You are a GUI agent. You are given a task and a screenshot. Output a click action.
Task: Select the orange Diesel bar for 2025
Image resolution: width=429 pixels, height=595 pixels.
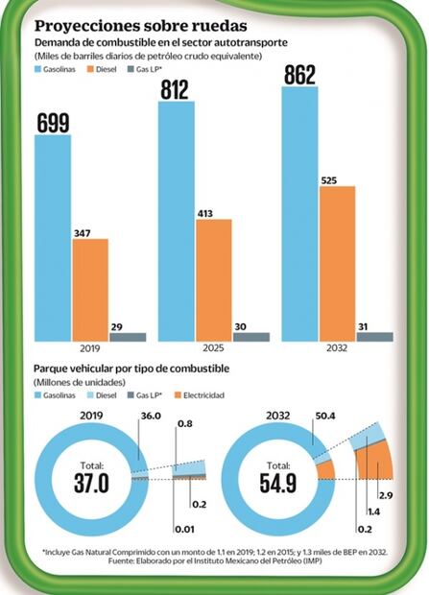(x=213, y=279)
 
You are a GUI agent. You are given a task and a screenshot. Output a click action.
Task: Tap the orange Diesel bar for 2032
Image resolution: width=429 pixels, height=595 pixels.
(x=337, y=263)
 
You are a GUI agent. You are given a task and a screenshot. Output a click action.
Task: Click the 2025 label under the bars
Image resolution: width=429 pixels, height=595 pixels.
(x=213, y=350)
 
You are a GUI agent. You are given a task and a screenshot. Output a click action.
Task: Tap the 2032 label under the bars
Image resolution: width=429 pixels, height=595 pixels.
(x=337, y=350)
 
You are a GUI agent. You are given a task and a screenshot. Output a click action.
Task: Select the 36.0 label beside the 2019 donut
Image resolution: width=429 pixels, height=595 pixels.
(x=150, y=418)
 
